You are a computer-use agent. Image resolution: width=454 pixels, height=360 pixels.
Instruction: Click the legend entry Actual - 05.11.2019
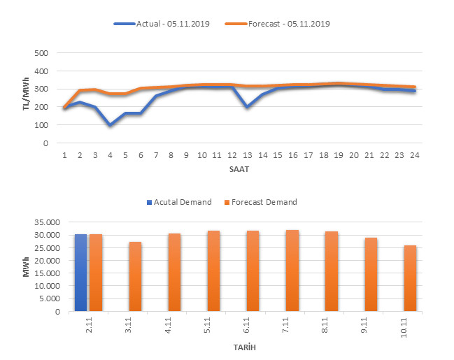(x=163, y=24)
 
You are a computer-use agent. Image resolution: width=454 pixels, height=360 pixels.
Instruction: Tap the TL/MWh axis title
(x=26, y=98)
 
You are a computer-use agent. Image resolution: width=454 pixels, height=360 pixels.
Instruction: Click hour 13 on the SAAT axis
(x=248, y=154)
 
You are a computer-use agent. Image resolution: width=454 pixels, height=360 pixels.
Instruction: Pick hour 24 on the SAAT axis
(x=416, y=154)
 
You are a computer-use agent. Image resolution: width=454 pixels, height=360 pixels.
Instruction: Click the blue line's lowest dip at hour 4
(x=110, y=125)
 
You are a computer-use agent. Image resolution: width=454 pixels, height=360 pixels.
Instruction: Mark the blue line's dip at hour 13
(x=248, y=107)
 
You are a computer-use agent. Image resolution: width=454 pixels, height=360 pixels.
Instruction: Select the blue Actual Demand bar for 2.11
(x=80, y=273)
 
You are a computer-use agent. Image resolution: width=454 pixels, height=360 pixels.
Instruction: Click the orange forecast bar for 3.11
(x=135, y=276)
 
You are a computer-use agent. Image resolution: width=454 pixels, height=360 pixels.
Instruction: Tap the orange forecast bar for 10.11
(x=409, y=278)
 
